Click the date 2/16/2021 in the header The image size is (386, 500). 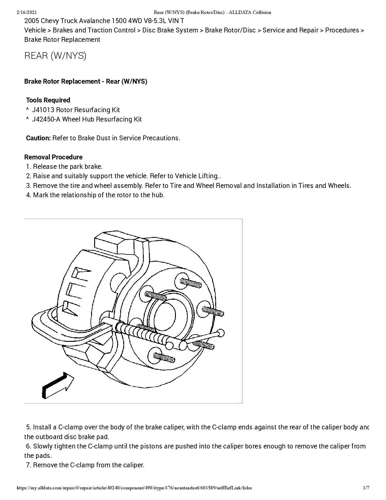(27, 12)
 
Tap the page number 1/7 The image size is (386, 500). (366, 488)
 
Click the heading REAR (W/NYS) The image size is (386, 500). (55, 56)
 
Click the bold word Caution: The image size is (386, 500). (38, 138)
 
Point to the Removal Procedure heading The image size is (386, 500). (53, 157)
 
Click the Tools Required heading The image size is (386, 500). (48, 100)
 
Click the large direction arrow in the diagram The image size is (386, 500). (58, 386)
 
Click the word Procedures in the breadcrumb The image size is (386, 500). (342, 30)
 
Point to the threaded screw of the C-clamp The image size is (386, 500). (142, 333)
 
